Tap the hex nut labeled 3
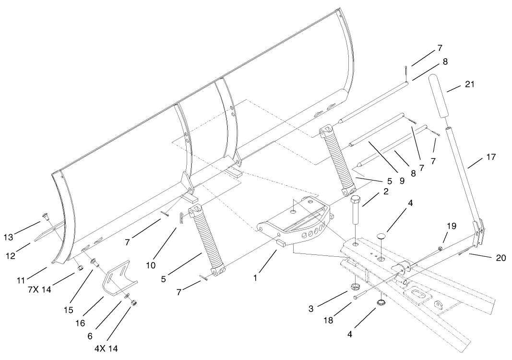pos(356,287)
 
